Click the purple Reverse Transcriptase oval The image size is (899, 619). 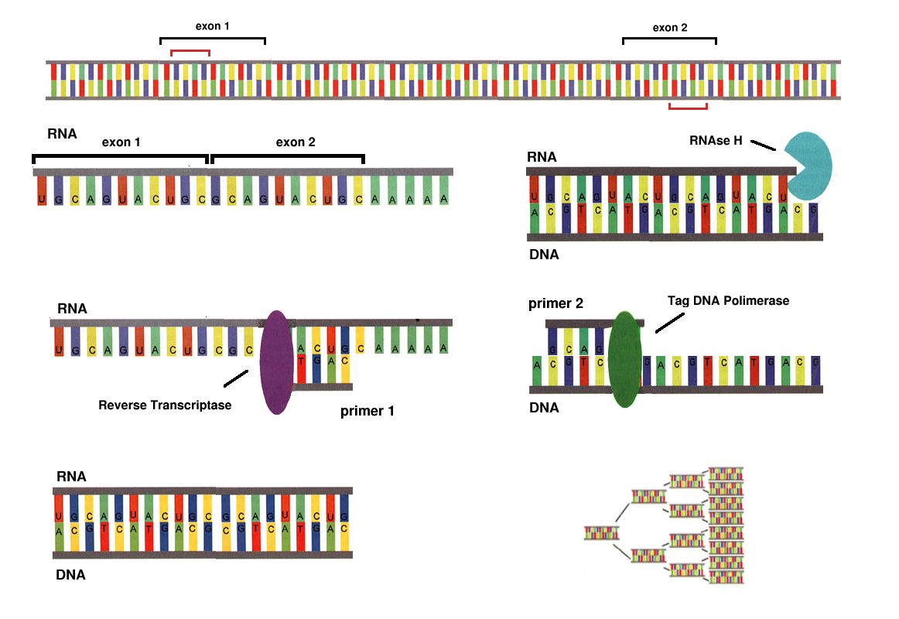[x=276, y=362]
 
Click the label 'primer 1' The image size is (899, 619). [x=367, y=411]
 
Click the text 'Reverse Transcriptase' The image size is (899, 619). [x=165, y=405]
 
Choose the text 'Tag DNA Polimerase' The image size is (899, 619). [x=728, y=300]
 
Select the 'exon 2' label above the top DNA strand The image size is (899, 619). [x=670, y=28]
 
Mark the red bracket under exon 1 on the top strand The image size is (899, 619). [x=190, y=52]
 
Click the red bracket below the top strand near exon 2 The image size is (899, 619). [x=689, y=107]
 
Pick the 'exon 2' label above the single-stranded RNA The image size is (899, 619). [x=296, y=142]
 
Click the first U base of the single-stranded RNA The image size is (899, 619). [x=41, y=200]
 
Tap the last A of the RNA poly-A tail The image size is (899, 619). [x=444, y=199]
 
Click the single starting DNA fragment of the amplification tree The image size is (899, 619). [x=602, y=532]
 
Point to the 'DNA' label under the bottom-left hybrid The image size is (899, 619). [x=70, y=575]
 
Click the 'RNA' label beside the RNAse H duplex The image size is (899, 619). [x=542, y=157]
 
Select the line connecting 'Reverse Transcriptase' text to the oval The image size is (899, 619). [x=235, y=378]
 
